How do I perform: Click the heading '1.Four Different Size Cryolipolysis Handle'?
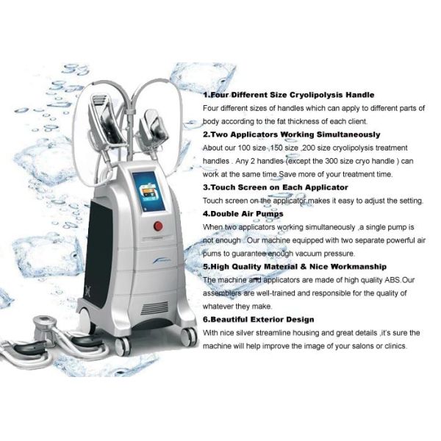coord(289,96)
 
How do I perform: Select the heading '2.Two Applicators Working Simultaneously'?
coord(292,135)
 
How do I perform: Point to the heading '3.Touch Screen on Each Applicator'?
coord(277,187)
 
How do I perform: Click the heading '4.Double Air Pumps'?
coord(243,214)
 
